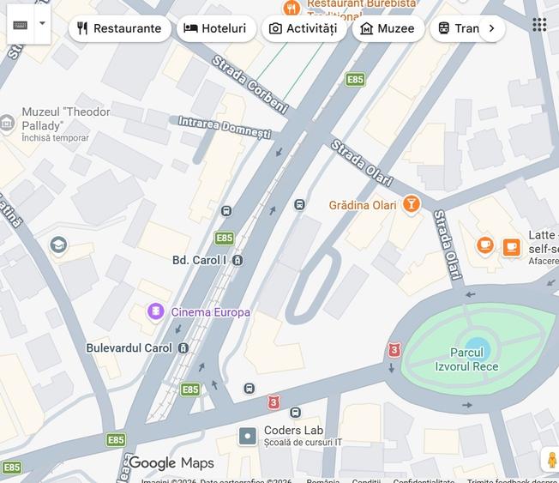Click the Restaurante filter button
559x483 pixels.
click(x=119, y=28)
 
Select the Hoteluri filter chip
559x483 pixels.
click(x=216, y=28)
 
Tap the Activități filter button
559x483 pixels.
click(x=304, y=28)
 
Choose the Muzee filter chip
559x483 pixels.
click(x=388, y=28)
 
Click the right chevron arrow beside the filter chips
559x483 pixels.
click(x=491, y=28)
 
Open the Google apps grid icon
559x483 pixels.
click(x=539, y=24)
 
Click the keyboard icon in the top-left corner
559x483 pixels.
click(x=21, y=24)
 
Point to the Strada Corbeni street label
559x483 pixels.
click(x=249, y=84)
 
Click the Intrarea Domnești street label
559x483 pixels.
click(x=225, y=128)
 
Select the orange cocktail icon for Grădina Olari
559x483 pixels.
click(x=412, y=204)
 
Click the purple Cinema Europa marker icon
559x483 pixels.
click(x=155, y=311)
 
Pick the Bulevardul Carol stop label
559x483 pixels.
click(x=129, y=347)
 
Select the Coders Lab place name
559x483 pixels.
click(x=293, y=431)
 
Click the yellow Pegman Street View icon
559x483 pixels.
click(x=551, y=460)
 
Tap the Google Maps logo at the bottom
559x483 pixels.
click(x=171, y=463)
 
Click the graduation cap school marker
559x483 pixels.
click(x=58, y=245)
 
